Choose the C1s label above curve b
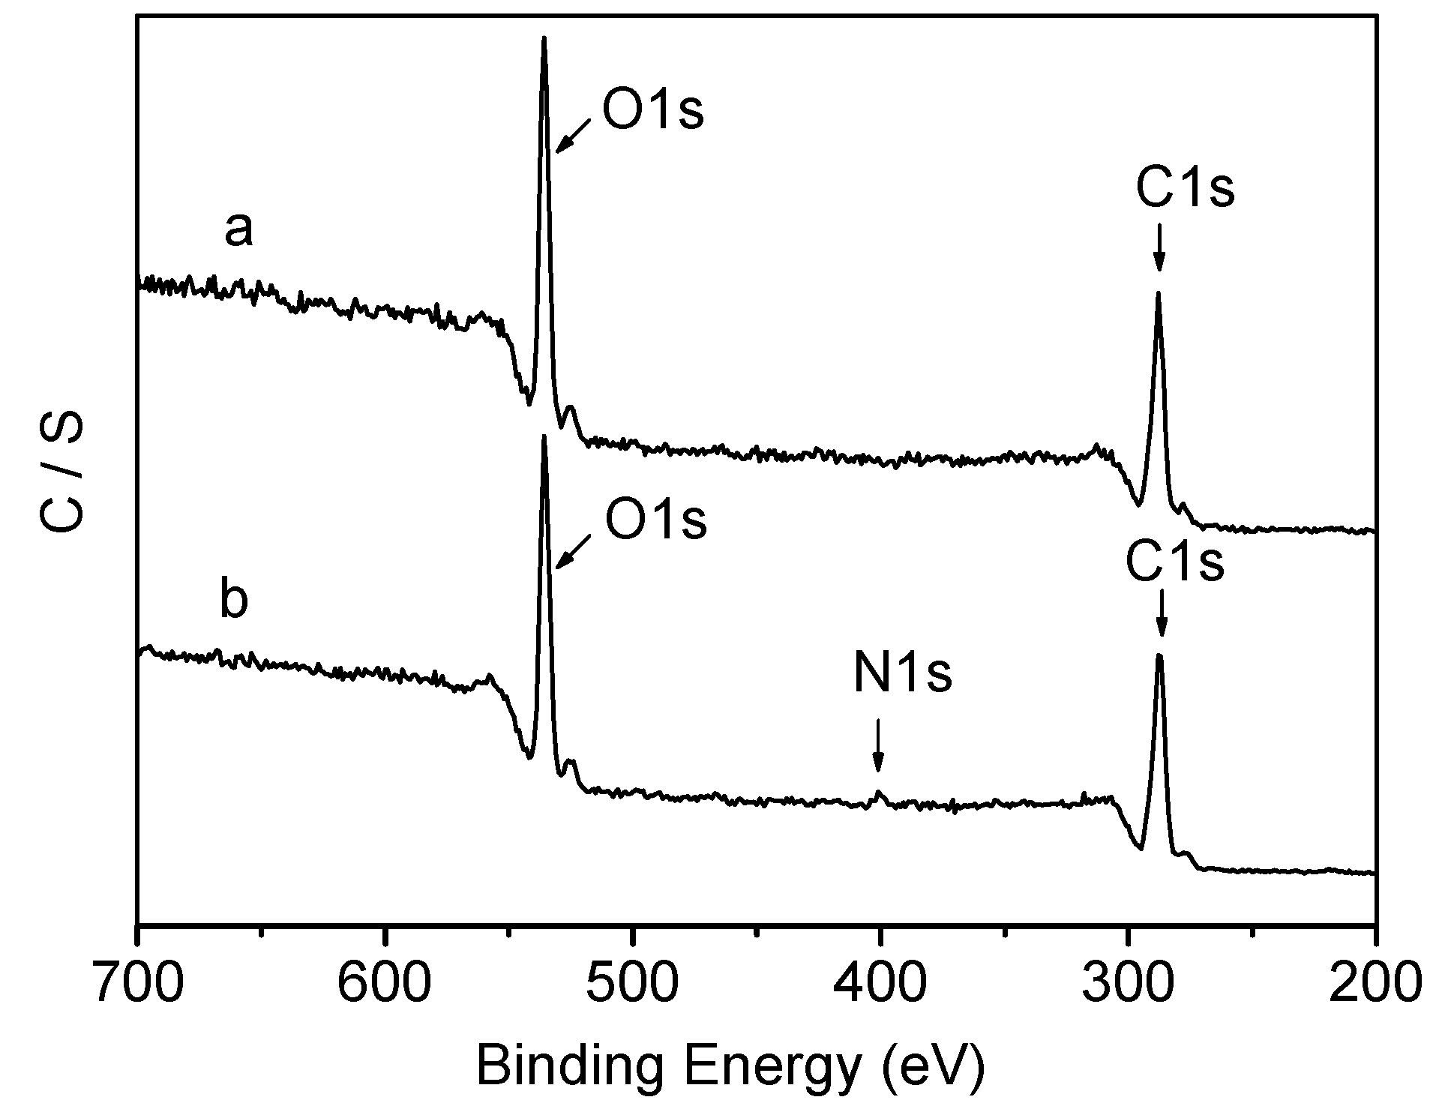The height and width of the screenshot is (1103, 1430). coord(1175,564)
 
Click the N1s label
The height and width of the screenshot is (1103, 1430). coord(902,674)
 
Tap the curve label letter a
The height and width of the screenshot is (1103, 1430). coord(238,229)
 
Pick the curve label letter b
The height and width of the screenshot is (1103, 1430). coord(233,601)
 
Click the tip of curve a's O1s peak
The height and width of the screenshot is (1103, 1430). coord(544,37)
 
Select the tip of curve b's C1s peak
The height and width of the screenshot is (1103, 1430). coord(1159,655)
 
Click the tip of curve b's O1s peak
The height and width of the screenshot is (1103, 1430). coord(544,436)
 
